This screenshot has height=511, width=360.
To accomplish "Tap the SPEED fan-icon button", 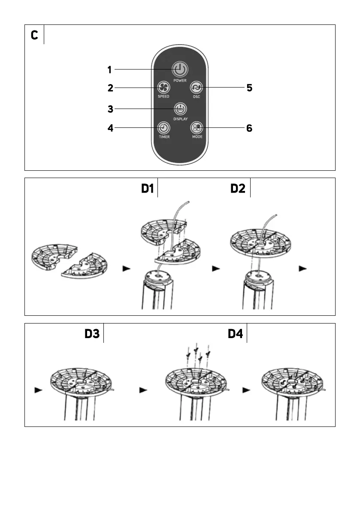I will [163, 88].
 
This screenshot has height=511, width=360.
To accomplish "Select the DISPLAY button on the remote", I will [180, 109].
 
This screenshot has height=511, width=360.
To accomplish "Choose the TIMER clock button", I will [163, 128].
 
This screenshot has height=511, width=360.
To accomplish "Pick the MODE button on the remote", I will [197, 128].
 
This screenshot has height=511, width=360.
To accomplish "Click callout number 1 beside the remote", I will [110, 70].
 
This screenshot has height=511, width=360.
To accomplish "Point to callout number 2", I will [110, 88].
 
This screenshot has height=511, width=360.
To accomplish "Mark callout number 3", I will [110, 109].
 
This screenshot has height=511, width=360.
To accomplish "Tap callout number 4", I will [110, 128].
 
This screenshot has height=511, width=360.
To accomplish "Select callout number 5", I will [249, 88].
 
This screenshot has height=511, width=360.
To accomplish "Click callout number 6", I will [249, 128].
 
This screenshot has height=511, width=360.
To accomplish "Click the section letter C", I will [34, 36].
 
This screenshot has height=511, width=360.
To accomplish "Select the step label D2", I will [238, 189].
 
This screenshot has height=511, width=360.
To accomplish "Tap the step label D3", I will [92, 334].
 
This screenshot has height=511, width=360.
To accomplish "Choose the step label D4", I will [236, 334].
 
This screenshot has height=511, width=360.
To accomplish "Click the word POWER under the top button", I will [180, 80].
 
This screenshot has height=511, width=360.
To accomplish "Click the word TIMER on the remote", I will [163, 137].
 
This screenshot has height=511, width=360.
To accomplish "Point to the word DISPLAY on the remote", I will [180, 118].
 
